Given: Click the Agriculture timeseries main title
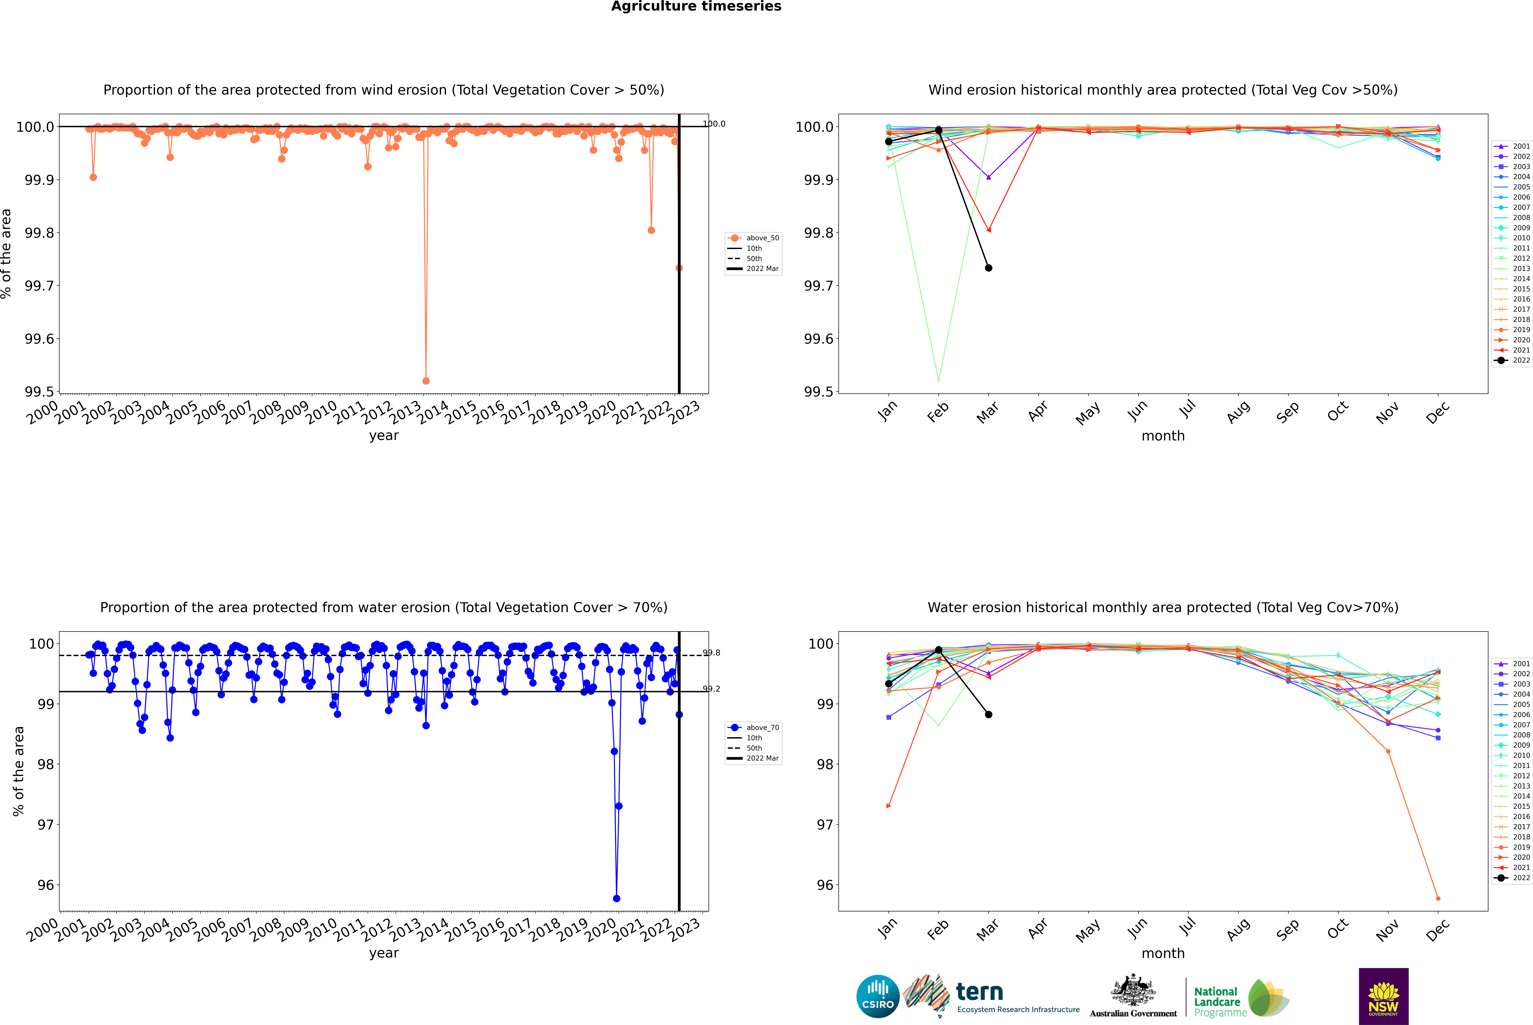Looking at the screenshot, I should click(x=696, y=6).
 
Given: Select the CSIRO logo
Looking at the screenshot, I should click(x=878, y=996).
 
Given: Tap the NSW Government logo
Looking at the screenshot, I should click(x=1383, y=996).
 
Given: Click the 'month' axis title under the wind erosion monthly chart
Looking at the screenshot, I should click(x=1162, y=436).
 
